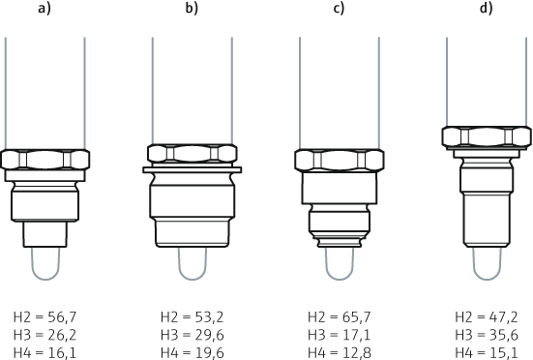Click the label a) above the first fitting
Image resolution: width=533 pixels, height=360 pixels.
pyautogui.click(x=44, y=8)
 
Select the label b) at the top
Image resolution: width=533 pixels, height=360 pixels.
pyautogui.click(x=192, y=8)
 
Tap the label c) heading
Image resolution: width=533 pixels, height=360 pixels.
pyautogui.click(x=339, y=8)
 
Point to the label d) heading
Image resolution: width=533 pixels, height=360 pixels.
pyautogui.click(x=487, y=8)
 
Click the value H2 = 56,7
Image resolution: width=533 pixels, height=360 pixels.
pyautogui.click(x=44, y=317)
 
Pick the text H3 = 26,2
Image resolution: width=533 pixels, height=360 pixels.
pyautogui.click(x=44, y=335)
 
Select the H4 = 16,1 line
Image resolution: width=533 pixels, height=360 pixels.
pyautogui.click(x=44, y=353)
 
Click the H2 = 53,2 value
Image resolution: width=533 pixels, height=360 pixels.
pyautogui.click(x=192, y=317)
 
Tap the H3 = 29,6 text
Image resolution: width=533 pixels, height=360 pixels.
pyautogui.click(x=192, y=335)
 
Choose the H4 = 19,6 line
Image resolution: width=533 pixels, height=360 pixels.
pyautogui.click(x=192, y=353)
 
